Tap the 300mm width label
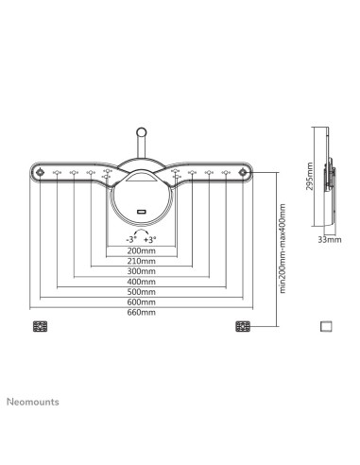(x=143, y=272)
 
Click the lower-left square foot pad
(x=39, y=327)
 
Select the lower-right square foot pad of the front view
(x=242, y=327)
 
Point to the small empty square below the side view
(x=326, y=326)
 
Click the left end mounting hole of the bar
(x=40, y=173)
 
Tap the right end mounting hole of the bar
(x=246, y=173)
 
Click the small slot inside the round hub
(x=142, y=210)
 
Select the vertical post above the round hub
(x=142, y=142)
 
